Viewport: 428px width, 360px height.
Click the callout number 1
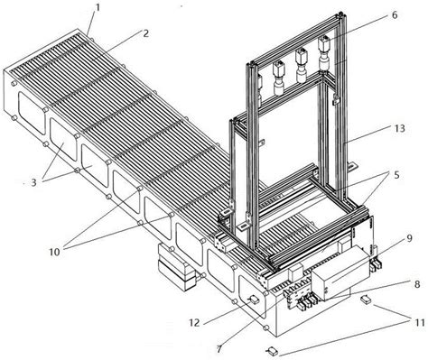pos(97,7)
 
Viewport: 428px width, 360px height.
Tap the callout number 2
pos(145,32)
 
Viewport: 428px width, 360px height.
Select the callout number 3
pos(33,182)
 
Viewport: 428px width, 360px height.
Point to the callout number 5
pos(396,175)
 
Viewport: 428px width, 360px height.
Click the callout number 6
pos(395,14)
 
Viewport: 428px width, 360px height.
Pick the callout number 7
pos(219,349)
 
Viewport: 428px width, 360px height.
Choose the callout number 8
pos(417,283)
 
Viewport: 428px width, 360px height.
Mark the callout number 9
pos(409,238)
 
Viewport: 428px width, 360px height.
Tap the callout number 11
pos(419,323)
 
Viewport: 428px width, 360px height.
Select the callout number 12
pos(194,323)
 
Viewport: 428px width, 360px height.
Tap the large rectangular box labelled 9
pos(340,272)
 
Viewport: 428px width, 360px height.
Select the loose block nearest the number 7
pos(272,350)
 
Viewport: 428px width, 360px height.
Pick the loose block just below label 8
pos(366,299)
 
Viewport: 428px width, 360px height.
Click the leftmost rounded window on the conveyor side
pos(32,113)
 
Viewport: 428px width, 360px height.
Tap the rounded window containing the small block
pos(253,297)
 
